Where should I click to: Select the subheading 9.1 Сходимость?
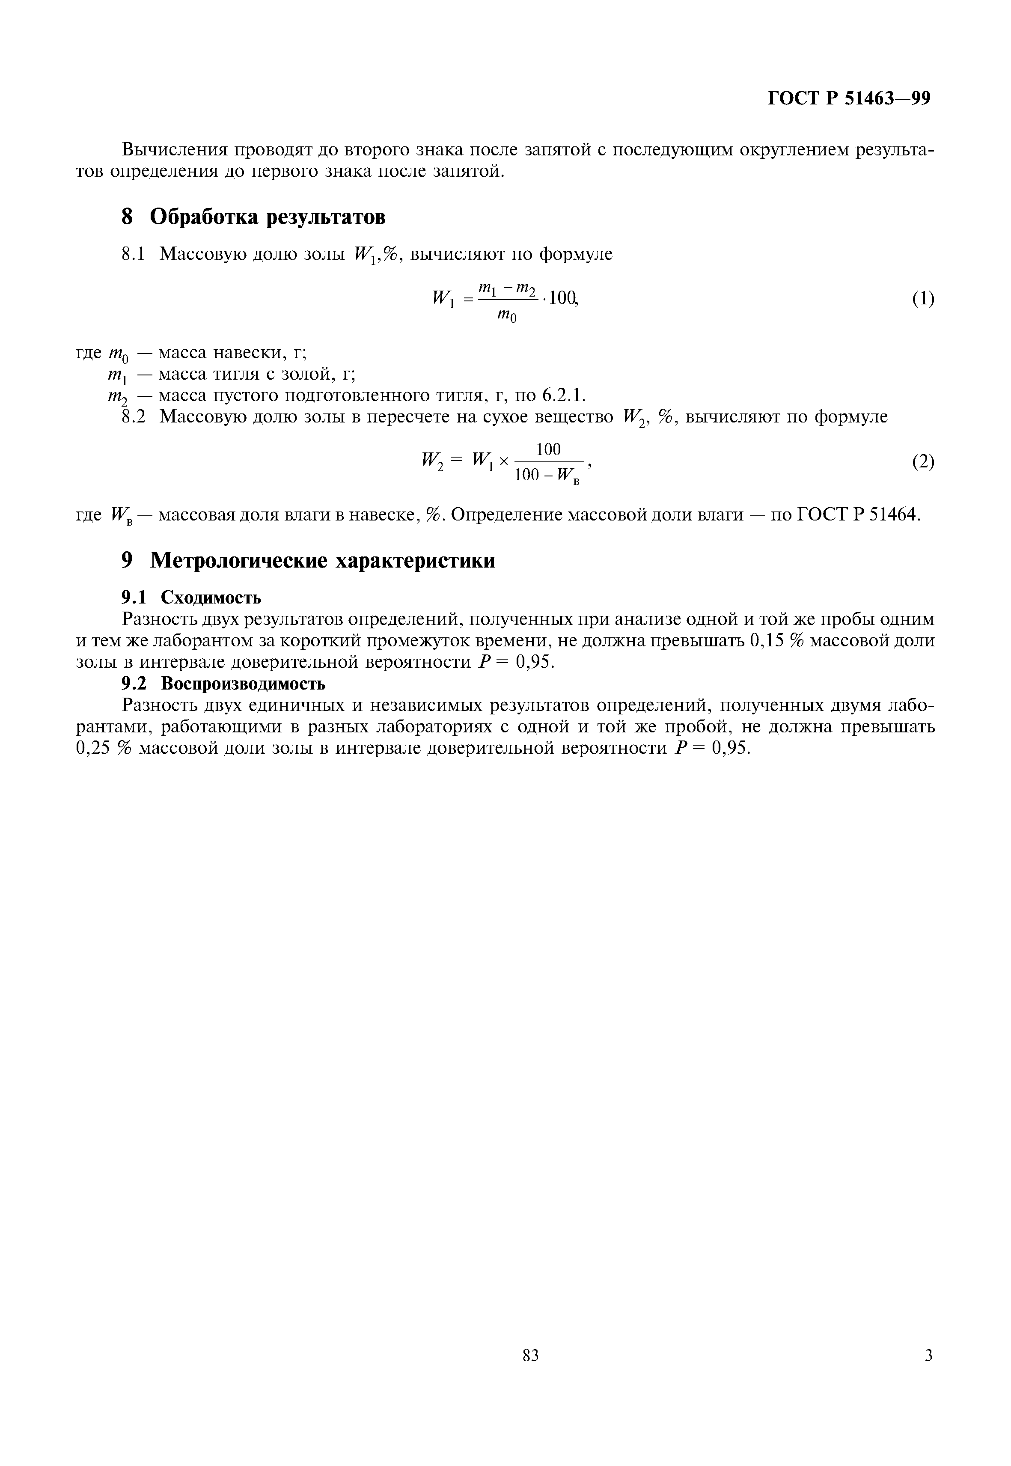[191, 597]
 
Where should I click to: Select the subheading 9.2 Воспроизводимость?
[223, 684]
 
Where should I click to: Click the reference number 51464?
[893, 514]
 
